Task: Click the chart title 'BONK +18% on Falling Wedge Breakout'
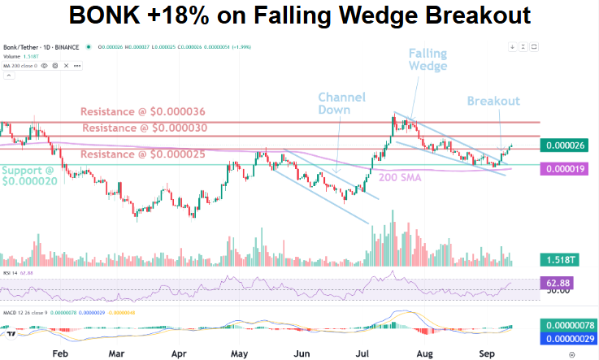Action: click(300, 15)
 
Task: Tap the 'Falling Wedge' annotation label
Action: click(428, 60)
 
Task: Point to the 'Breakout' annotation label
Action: click(493, 101)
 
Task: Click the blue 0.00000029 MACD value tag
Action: click(569, 339)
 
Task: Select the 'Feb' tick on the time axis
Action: click(59, 354)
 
